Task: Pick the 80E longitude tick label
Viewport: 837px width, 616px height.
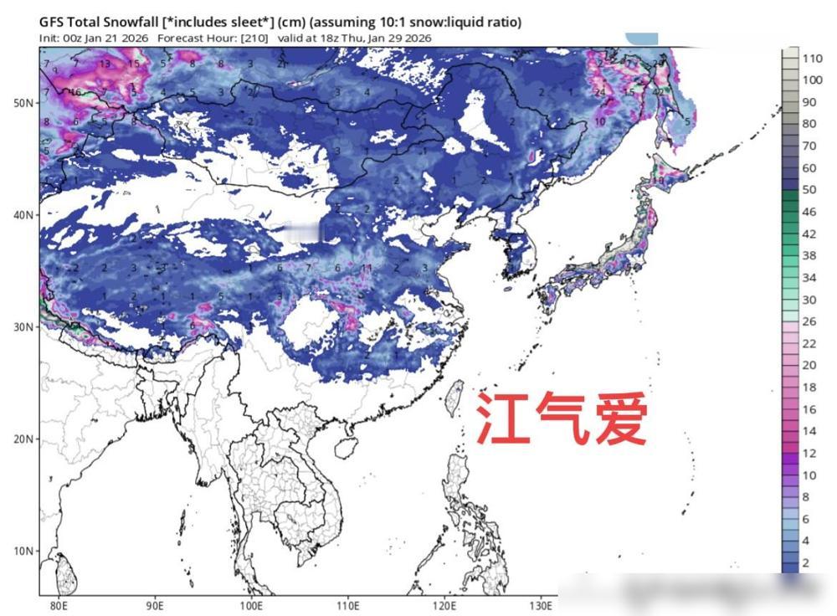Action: point(59,604)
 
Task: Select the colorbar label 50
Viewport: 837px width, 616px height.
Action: point(809,190)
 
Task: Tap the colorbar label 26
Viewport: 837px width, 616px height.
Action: point(809,321)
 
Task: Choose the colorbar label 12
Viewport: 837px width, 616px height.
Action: point(809,453)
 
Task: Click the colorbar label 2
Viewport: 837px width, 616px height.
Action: point(806,562)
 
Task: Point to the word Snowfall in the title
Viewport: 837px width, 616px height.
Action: point(140,21)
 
